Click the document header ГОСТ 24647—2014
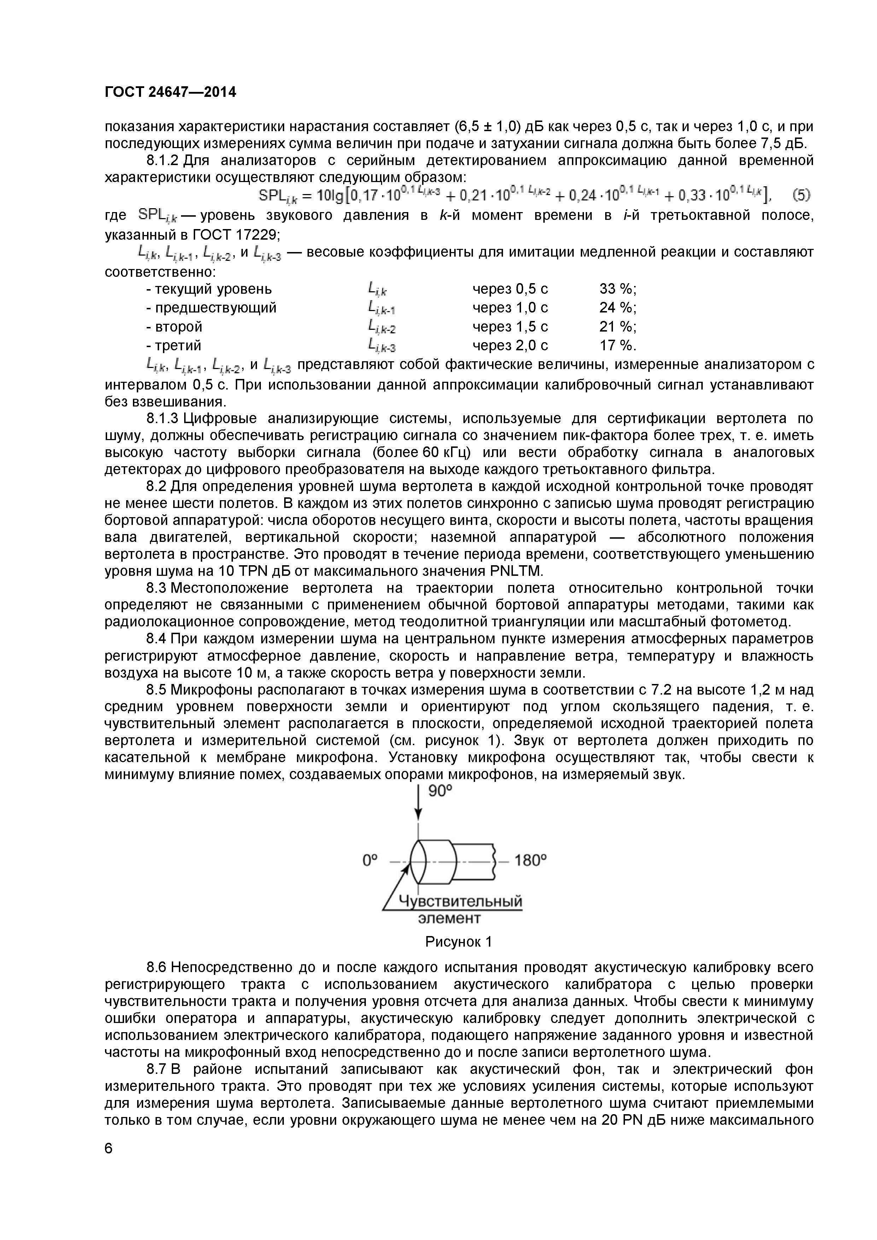click(170, 92)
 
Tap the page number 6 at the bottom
click(109, 1148)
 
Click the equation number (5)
click(801, 195)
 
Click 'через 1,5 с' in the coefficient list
click(510, 327)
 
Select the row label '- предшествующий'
click(211, 308)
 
